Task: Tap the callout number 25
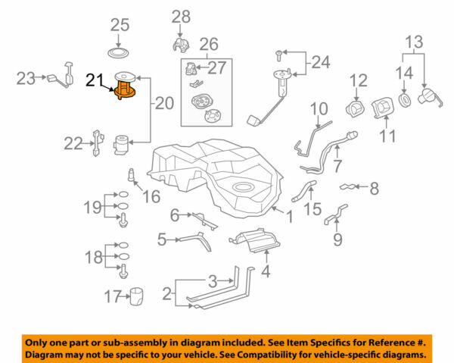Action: click(x=120, y=25)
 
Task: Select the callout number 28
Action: click(x=181, y=16)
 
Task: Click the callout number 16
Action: click(x=151, y=197)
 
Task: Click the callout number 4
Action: click(x=265, y=271)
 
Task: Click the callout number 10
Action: click(x=319, y=108)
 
